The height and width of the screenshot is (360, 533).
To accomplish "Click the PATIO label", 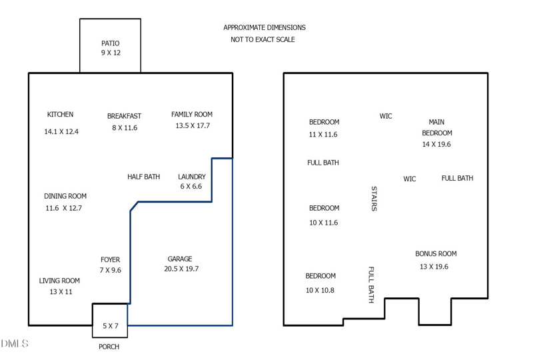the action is click(111, 43).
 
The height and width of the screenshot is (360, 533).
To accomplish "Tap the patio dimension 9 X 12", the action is click(111, 53).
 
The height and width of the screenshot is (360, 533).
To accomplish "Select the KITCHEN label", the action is click(60, 114).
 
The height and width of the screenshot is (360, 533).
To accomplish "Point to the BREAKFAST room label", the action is click(124, 116).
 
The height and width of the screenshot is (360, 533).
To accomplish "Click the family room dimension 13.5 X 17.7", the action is click(193, 125).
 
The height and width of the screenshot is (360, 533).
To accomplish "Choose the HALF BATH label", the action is click(143, 177).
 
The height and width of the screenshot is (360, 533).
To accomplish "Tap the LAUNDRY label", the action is click(192, 177).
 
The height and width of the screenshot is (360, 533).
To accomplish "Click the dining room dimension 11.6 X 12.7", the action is click(64, 208).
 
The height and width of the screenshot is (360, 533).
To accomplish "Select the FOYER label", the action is click(110, 259).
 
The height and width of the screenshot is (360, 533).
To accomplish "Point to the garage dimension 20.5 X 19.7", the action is click(181, 269).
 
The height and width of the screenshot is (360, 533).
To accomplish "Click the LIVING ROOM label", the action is click(59, 281).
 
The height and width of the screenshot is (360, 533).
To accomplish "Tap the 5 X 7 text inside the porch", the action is click(111, 326).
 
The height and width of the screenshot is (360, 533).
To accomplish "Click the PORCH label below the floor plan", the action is click(109, 347).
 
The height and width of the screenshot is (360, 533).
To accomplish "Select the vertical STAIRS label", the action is click(374, 199).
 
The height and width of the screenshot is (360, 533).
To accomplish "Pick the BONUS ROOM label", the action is click(436, 253).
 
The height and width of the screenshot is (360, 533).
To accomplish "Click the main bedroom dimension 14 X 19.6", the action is click(436, 144).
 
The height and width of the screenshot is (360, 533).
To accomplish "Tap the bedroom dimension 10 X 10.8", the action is click(320, 290).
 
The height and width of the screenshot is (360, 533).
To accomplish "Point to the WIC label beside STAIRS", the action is click(410, 179).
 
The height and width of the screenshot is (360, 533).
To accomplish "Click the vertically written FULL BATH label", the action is click(371, 285).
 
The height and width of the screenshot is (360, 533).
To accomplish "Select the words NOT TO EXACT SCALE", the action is click(263, 39).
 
